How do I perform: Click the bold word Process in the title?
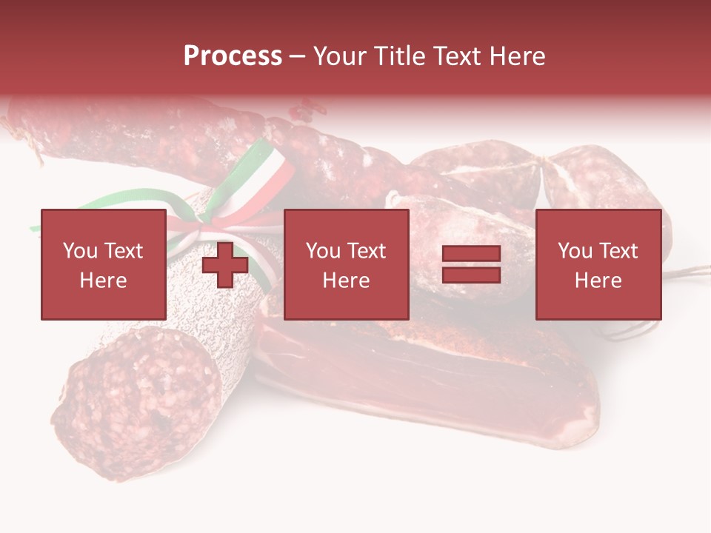coord(233,56)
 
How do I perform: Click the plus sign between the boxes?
coord(225,265)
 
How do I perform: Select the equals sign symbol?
coord(471,265)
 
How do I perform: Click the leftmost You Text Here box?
coord(103,264)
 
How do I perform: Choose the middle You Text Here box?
coord(347,264)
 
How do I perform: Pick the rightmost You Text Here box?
coord(598,264)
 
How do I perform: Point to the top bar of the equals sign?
coord(471,255)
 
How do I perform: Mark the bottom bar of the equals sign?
coord(471,275)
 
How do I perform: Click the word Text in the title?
coord(455,56)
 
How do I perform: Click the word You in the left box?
coord(79,251)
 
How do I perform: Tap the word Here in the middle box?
coord(347,281)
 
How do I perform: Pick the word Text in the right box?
coord(619,251)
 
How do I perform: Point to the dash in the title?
coord(298,57)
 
